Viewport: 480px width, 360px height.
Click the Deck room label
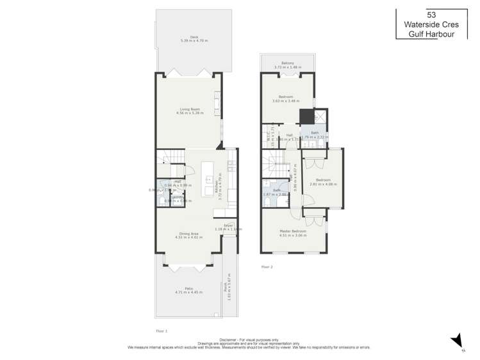point(189,36)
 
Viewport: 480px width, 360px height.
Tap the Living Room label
point(190,109)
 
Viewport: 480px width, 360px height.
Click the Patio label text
point(188,288)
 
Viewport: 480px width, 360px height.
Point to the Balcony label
point(286,63)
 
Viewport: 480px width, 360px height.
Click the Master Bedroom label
point(293,231)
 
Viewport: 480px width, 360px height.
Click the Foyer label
point(228,225)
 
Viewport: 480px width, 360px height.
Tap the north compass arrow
point(456,340)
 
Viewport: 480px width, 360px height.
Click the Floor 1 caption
point(161,331)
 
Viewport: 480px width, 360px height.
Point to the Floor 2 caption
point(267,266)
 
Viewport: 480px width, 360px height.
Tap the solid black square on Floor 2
point(307,117)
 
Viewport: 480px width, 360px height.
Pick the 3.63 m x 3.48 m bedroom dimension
point(286,101)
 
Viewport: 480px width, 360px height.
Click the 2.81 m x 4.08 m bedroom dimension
point(322,184)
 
